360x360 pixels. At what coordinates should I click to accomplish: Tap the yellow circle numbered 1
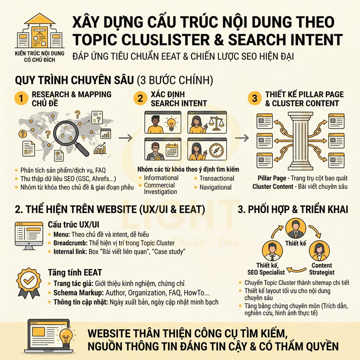point(20,98)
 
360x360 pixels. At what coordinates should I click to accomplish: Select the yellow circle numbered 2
point(139,98)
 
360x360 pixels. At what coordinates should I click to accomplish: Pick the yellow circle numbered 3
point(254,98)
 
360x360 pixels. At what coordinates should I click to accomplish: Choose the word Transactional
point(217,178)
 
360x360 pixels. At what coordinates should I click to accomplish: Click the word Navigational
point(216,187)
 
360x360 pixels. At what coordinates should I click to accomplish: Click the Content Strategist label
point(322,269)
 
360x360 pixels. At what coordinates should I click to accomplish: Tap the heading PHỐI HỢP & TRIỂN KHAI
point(293,209)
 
